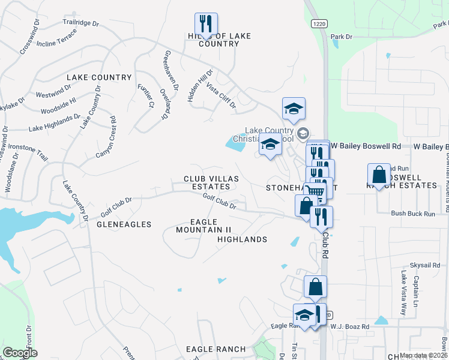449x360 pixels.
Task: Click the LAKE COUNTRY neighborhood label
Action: (x=99, y=77)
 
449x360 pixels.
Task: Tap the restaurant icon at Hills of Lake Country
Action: (x=206, y=24)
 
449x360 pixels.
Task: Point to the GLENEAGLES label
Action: (x=124, y=224)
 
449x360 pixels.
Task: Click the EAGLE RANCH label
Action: (x=215, y=349)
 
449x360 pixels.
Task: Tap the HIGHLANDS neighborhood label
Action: (x=242, y=239)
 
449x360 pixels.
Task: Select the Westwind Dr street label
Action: (x=53, y=95)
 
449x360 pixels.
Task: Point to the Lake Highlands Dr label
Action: (x=54, y=123)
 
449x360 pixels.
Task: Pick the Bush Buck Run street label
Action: (x=412, y=213)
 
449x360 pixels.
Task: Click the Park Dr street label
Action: (x=341, y=37)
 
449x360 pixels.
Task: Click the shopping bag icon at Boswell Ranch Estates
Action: (x=379, y=175)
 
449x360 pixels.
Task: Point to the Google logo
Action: (x=20, y=353)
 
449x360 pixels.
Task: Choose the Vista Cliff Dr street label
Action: (x=221, y=97)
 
